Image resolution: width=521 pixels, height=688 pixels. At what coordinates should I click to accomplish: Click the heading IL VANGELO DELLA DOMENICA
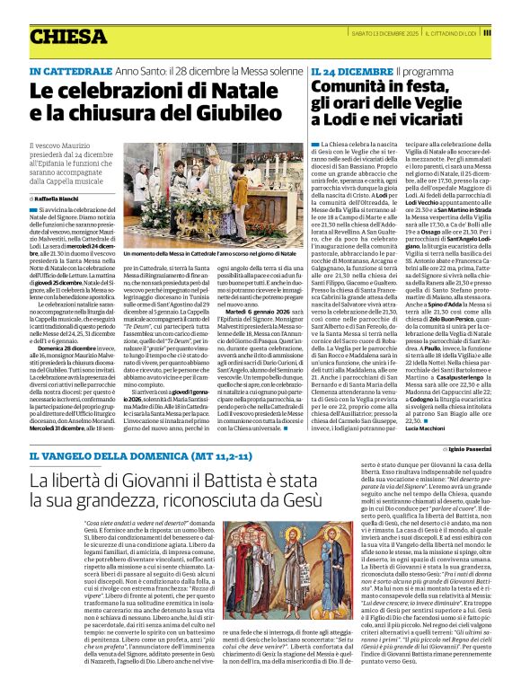click(x=118, y=459)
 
